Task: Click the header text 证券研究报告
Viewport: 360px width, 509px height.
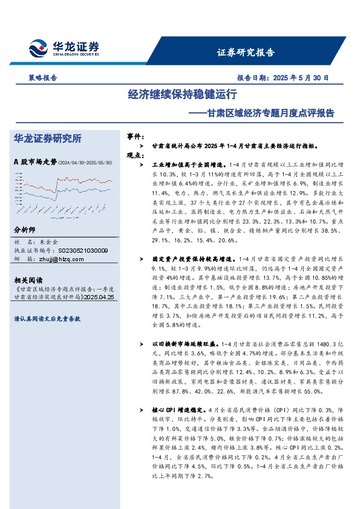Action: tap(246, 52)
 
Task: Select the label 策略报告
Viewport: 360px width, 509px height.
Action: tap(43, 78)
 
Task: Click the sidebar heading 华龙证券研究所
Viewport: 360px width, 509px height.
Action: tap(47, 138)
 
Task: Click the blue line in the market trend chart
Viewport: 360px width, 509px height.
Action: tap(91, 192)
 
